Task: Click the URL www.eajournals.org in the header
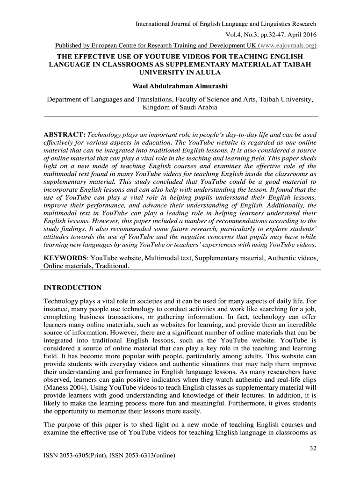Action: tap(288, 46)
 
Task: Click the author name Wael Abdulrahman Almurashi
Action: tap(180, 87)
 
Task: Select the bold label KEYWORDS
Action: tap(65, 258)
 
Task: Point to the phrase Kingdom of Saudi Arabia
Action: tap(180, 107)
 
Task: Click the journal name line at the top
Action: tap(226, 23)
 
